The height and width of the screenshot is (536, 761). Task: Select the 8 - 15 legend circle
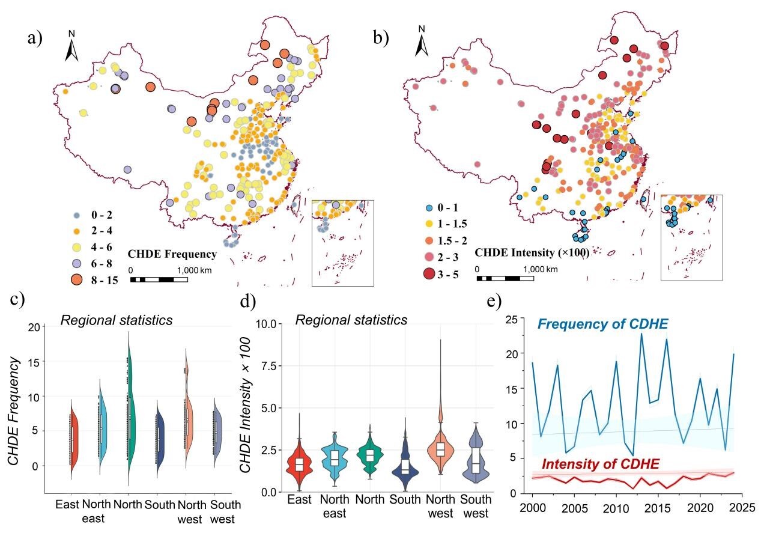[77, 280]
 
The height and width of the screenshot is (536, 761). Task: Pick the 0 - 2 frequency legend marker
[77, 215]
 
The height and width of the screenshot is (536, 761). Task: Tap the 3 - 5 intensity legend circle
[429, 273]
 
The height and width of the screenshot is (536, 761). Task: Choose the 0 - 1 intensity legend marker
[429, 208]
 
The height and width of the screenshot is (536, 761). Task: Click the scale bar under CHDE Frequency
[159, 279]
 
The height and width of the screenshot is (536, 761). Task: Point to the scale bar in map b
[505, 278]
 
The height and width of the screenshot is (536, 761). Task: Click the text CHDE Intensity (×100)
[532, 252]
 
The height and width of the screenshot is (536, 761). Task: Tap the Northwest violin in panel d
[441, 442]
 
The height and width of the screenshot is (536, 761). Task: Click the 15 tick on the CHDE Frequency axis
[34, 362]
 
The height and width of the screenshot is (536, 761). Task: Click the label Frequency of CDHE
[602, 324]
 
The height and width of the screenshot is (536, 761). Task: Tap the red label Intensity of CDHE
[601, 464]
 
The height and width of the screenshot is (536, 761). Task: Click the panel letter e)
[494, 301]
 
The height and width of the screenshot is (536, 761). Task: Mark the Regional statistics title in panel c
[117, 320]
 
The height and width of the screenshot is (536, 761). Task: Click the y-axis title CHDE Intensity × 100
[245, 405]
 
